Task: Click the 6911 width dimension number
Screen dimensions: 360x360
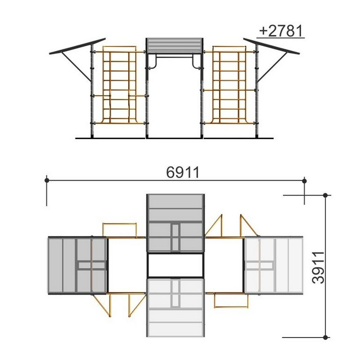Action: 183,172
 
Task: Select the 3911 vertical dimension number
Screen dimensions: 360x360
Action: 319,268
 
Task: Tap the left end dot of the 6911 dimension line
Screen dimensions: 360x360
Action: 47,180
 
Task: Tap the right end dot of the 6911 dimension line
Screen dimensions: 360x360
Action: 305,181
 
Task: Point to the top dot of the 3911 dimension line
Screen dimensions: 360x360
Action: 325,195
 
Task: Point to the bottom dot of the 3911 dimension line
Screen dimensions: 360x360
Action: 325,337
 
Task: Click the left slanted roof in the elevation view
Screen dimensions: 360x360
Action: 77,46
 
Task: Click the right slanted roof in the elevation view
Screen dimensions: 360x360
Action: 271,46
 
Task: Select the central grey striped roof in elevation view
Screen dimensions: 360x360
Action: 175,45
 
